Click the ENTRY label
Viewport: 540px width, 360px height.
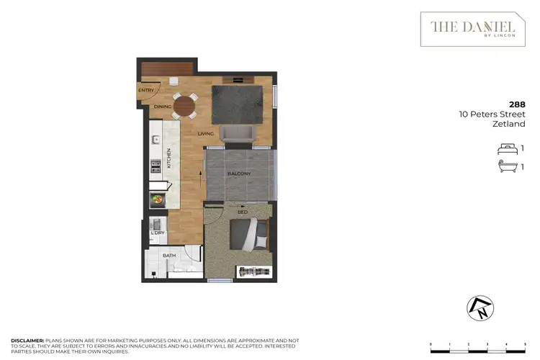point(146,90)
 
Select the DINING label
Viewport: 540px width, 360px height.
point(162,107)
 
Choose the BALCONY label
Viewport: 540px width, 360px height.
point(238,174)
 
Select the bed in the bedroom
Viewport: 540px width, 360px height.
point(248,234)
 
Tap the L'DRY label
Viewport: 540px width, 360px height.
point(156,233)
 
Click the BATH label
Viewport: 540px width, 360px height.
point(169,255)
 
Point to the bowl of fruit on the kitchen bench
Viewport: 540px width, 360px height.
point(157,199)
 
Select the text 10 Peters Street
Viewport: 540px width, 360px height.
point(492,114)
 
